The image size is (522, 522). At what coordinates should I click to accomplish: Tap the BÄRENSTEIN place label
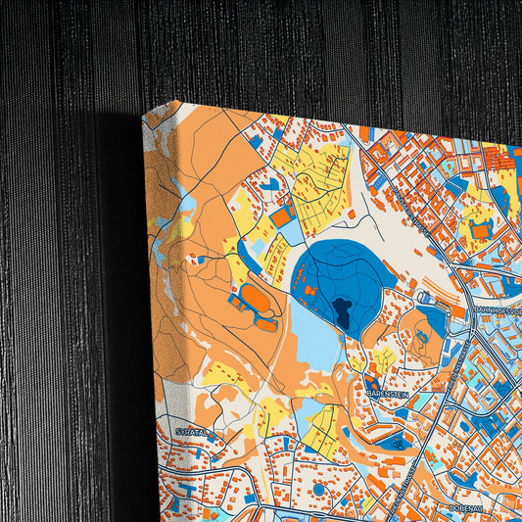(387, 392)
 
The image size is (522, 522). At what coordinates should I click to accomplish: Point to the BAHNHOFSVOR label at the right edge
(497, 310)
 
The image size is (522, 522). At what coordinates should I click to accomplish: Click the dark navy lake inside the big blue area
(342, 313)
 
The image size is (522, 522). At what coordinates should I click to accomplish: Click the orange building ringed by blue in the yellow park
(480, 229)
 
